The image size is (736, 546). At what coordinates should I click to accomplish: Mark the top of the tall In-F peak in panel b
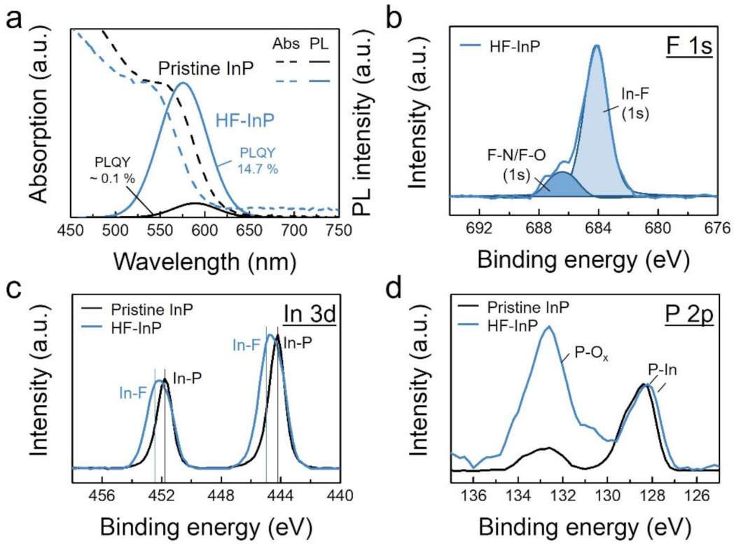(x=597, y=46)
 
